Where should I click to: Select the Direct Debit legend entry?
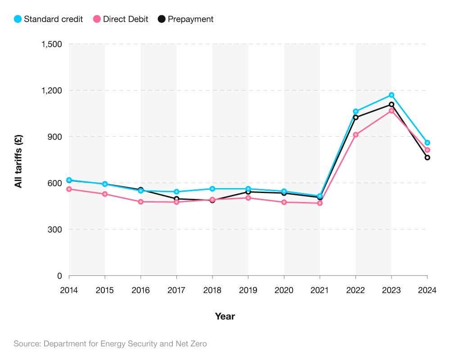[120, 19]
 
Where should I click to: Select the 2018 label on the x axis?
[212, 290]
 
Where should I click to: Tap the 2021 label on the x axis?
[319, 290]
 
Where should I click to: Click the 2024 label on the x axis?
[427, 290]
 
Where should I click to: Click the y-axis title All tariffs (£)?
[18, 161]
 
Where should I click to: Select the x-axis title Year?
[225, 316]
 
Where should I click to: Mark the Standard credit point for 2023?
[391, 95]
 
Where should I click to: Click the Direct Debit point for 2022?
[355, 135]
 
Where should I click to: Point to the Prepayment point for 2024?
[427, 157]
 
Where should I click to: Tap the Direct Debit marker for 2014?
[69, 189]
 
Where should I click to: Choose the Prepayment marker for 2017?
[176, 199]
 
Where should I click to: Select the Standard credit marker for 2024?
[427, 143]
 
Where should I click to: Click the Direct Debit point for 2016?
[141, 202]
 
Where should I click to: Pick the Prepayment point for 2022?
[355, 117]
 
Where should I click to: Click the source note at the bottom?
[110, 344]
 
